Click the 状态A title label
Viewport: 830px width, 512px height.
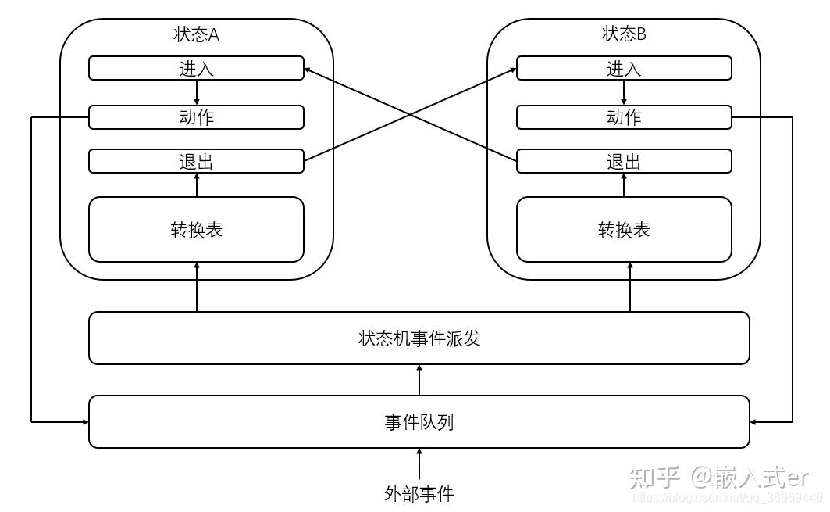coord(196,34)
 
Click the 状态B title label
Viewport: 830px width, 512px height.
coord(624,34)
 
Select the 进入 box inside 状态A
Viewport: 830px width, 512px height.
coord(196,68)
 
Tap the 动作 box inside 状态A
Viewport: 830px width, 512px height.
coord(196,117)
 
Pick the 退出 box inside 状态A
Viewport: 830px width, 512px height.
coord(196,162)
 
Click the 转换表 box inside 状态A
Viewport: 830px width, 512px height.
coord(196,229)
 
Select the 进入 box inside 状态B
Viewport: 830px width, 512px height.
coord(624,68)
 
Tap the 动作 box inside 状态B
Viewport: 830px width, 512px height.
coord(624,117)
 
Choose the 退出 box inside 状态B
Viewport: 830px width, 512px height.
coord(624,162)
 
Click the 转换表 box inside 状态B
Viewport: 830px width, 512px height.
coord(624,229)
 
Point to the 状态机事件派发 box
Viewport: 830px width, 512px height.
coord(419,338)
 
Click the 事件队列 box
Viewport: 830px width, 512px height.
coord(419,422)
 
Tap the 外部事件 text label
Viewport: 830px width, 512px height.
coord(419,493)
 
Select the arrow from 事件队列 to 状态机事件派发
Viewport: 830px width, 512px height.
coord(419,380)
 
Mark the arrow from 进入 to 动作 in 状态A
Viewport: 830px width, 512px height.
coord(196,92)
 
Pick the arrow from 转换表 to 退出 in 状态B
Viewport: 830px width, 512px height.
coord(624,184)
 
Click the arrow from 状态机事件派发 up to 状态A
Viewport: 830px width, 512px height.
coord(196,288)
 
